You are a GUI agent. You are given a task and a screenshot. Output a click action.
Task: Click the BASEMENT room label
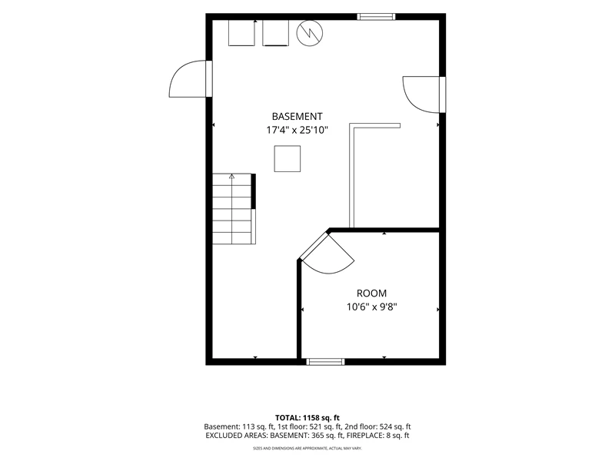click(297, 117)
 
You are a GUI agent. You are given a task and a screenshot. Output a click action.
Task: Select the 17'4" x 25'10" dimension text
click(297, 130)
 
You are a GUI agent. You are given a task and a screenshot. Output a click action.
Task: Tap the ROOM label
click(371, 294)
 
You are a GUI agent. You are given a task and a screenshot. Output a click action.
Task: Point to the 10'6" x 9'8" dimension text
click(371, 307)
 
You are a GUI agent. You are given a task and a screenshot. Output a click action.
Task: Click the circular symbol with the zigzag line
click(310, 33)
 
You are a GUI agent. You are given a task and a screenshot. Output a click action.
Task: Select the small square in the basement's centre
click(287, 159)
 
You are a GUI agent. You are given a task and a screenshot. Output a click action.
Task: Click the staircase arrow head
click(232, 177)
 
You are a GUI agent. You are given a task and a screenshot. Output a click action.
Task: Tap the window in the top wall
click(376, 16)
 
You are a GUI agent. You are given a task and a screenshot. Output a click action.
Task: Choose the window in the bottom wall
click(325, 361)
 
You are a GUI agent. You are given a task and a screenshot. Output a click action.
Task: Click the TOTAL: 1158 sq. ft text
click(307, 417)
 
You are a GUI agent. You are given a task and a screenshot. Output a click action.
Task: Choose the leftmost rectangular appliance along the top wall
click(241, 33)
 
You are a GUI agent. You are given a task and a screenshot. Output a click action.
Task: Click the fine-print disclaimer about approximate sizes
click(307, 448)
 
